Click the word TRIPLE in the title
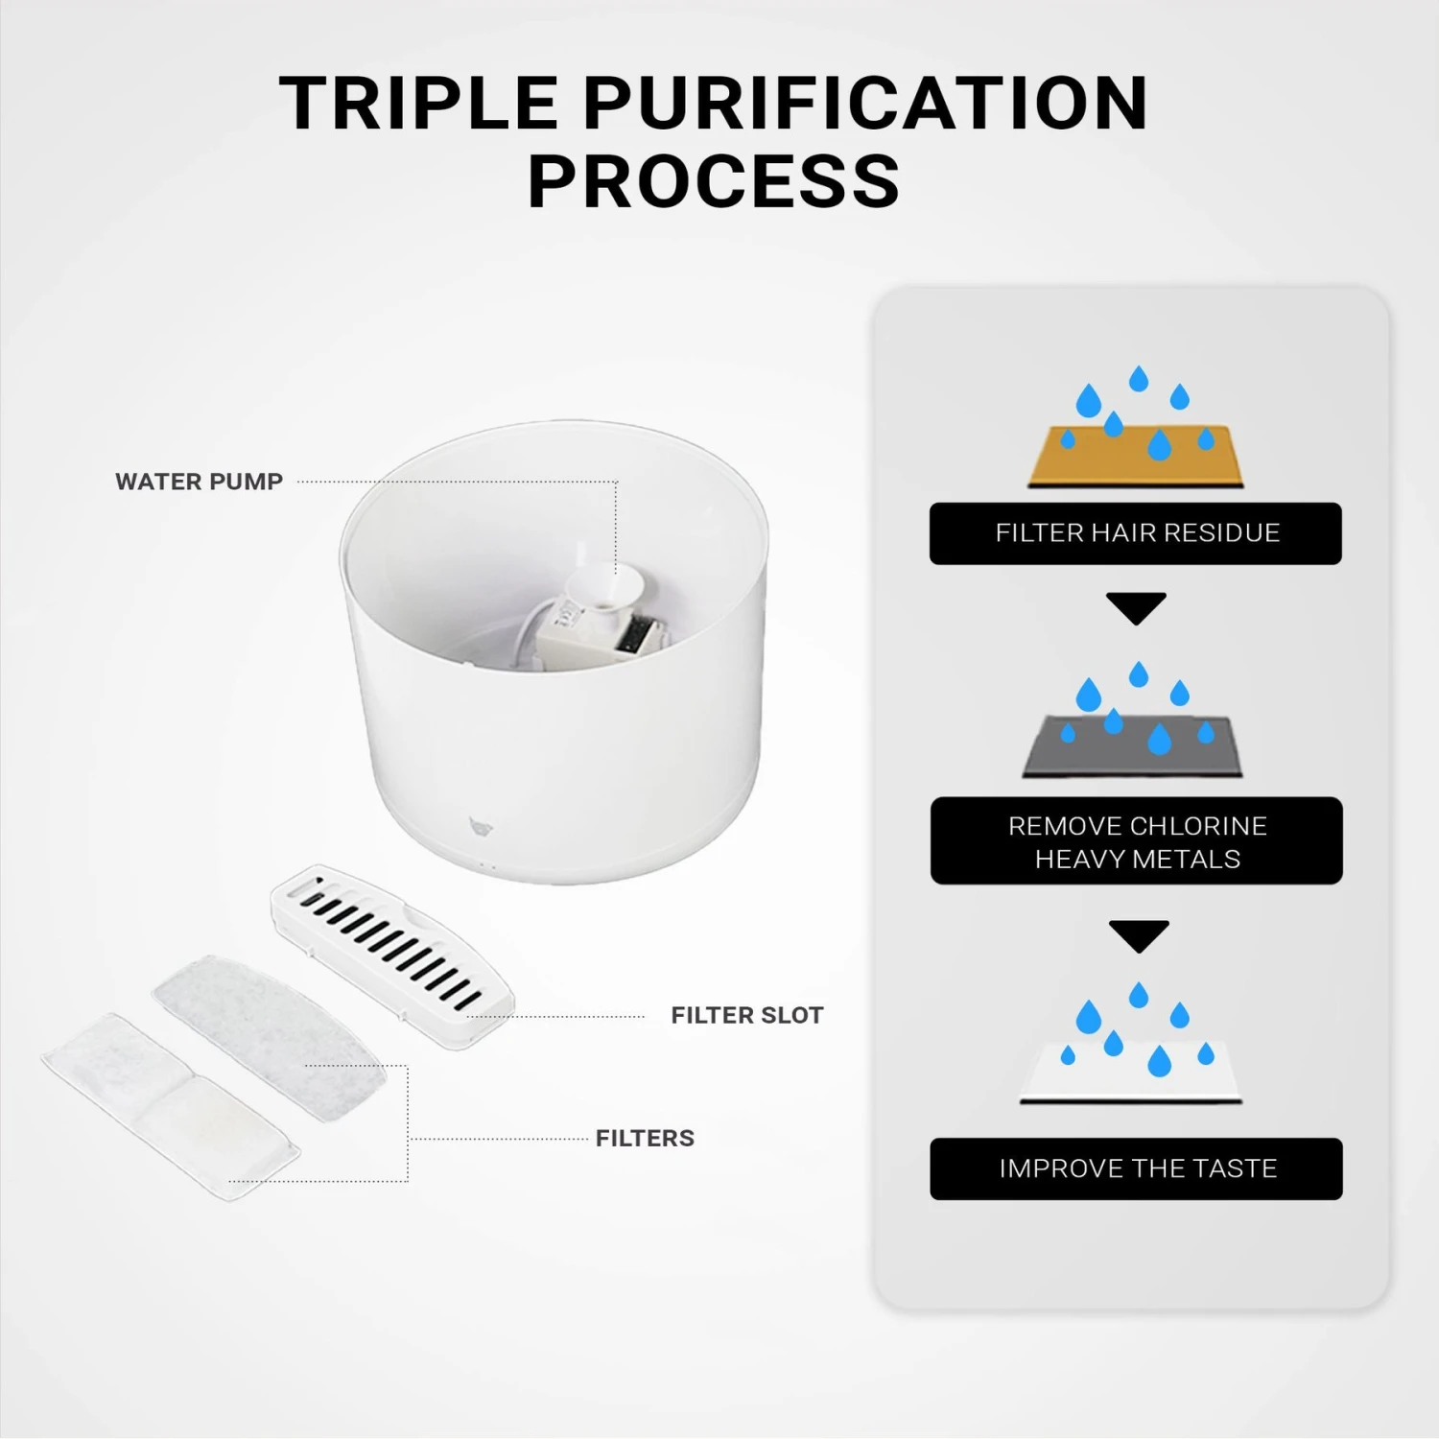pos(418,104)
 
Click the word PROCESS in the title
pos(714,181)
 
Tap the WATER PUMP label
pos(199,482)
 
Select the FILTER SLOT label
pos(746,1015)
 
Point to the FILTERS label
pos(645,1138)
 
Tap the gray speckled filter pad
pos(269,1036)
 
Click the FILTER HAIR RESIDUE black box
pos(1136,533)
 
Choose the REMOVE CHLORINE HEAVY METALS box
pos(1136,841)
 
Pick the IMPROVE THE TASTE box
pos(1136,1168)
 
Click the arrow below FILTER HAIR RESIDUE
pos(1136,606)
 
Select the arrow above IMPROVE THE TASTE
pos(1138,934)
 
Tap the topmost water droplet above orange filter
pos(1139,378)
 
